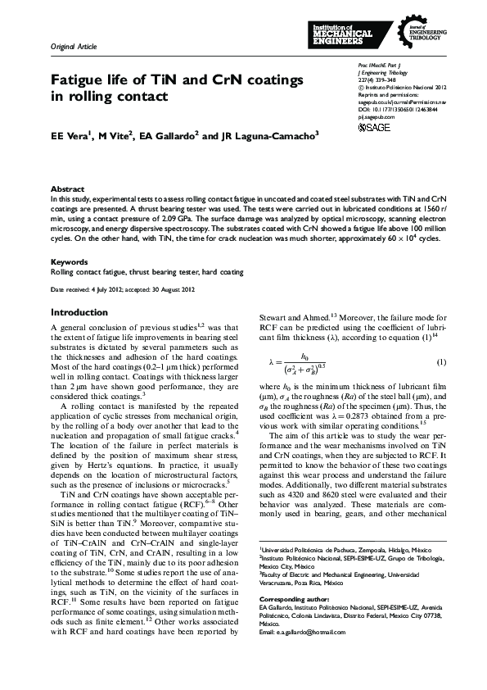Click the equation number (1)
click(x=441, y=362)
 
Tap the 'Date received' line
click(x=123, y=290)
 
